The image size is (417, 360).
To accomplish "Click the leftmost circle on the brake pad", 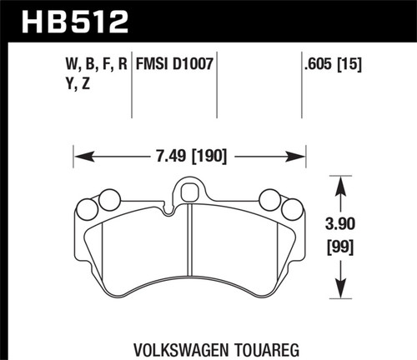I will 87,208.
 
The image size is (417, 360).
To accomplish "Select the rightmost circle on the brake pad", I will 291,208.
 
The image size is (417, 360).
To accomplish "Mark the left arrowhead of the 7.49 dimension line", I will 79,155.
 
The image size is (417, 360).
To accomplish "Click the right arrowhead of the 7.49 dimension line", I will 299,155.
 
